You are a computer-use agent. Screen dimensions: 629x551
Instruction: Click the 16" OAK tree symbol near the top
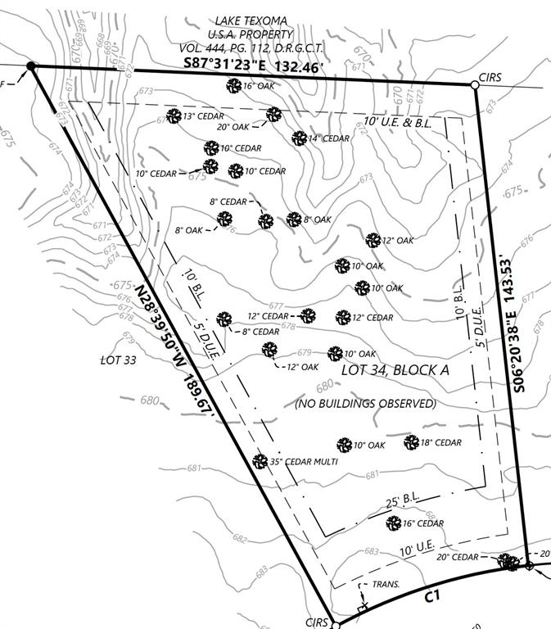233,85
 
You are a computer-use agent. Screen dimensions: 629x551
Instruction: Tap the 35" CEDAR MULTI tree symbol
260,461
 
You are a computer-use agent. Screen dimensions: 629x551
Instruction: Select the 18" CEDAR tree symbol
412,442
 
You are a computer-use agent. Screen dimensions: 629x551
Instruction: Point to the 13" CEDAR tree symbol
174,116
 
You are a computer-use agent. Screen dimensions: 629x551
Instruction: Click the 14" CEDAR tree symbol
300,138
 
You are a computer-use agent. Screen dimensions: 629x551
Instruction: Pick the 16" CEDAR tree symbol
394,523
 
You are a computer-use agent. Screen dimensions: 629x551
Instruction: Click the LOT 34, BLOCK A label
395,370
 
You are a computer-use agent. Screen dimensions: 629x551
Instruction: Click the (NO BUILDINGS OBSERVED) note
366,404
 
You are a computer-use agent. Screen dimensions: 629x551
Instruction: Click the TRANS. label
386,585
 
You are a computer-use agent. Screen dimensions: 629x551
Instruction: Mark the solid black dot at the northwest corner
31,66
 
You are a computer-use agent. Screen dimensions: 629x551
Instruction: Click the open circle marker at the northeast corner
474,84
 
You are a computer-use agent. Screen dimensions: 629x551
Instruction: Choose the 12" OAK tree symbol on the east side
373,240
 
